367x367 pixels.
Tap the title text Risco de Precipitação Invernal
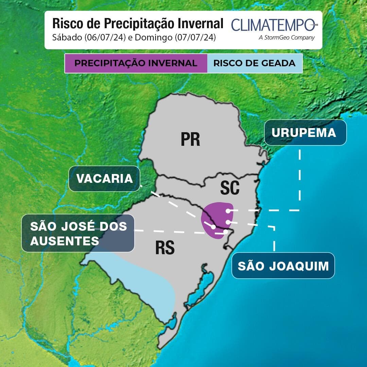click(x=138, y=23)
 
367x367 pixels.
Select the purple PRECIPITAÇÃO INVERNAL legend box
click(x=136, y=63)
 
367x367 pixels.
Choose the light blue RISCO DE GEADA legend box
click(x=254, y=63)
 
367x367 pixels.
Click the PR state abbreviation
click(x=190, y=139)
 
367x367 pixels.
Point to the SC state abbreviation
click(x=230, y=188)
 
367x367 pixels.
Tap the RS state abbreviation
click(x=165, y=248)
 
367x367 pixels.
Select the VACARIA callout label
click(x=104, y=178)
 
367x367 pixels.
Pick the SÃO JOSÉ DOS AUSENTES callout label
click(x=78, y=233)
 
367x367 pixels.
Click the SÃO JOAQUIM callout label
click(x=283, y=266)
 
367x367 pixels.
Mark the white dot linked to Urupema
click(x=228, y=211)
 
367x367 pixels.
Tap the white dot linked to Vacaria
click(x=213, y=227)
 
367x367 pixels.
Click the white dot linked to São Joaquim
click(x=228, y=222)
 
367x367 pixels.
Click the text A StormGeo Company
click(x=286, y=38)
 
